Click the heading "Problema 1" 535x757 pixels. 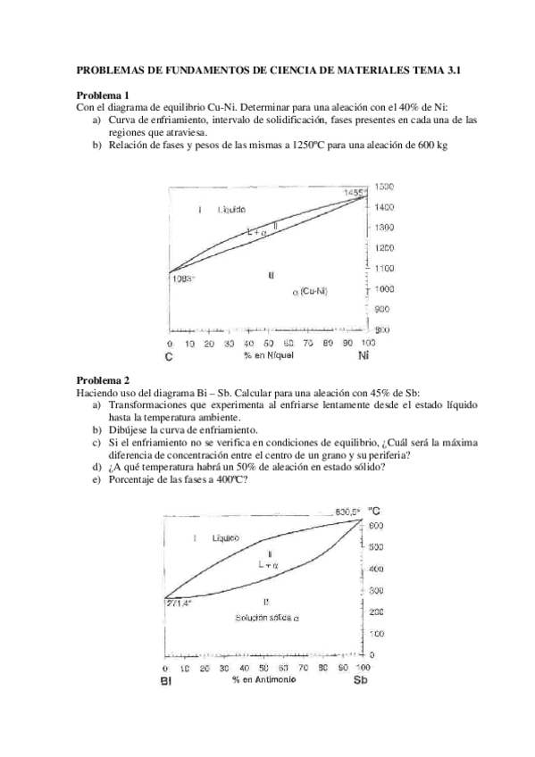[103, 96]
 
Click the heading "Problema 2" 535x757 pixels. [103, 379]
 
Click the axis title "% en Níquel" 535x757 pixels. [267, 354]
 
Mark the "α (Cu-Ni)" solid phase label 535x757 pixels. [310, 292]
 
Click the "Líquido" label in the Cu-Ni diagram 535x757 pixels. [231, 209]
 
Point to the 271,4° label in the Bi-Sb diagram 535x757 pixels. [179, 603]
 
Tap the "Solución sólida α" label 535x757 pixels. [267, 618]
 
